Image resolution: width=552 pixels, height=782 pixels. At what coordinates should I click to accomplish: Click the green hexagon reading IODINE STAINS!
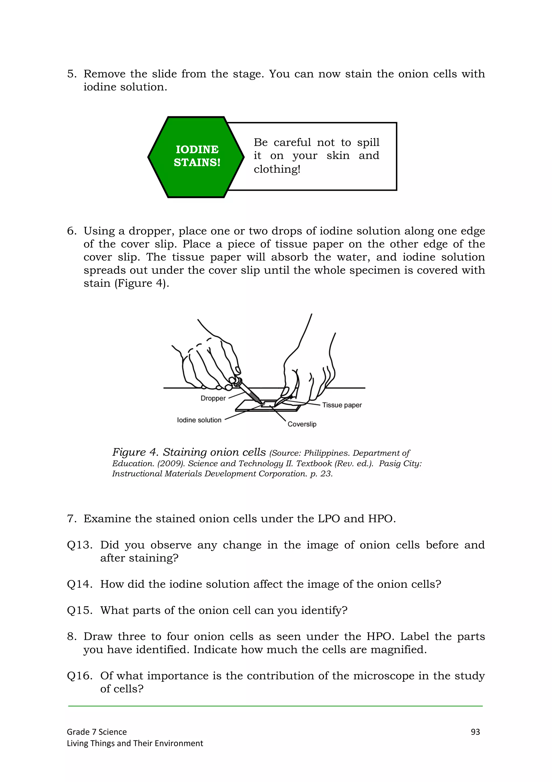[196, 157]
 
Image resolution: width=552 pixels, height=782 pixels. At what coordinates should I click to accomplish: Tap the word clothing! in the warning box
[277, 169]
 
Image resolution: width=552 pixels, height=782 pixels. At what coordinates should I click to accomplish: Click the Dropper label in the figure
[213, 398]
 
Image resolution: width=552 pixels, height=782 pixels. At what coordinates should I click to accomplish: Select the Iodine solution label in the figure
[199, 420]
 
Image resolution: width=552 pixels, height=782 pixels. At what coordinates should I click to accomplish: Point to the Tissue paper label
[342, 405]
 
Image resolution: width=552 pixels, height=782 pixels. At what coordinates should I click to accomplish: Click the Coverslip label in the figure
[302, 424]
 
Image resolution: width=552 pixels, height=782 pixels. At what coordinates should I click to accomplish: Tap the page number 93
[475, 732]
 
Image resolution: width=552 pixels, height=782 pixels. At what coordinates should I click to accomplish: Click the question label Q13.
[80, 545]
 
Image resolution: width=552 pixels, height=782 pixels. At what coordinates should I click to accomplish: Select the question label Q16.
[80, 676]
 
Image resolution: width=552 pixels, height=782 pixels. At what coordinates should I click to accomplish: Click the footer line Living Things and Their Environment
[135, 743]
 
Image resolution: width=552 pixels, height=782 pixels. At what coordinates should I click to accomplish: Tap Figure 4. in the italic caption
[135, 452]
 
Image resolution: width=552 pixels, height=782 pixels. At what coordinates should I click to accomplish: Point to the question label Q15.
[80, 610]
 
